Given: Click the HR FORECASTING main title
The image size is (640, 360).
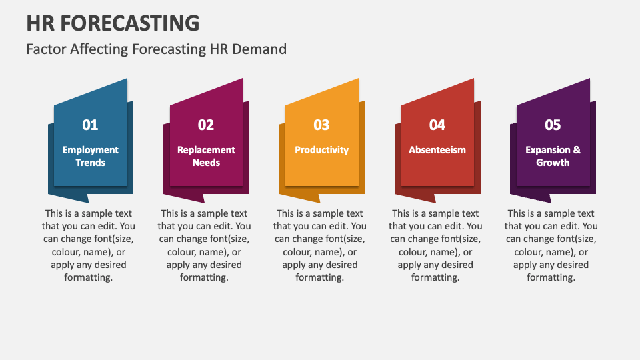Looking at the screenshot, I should point(113,23).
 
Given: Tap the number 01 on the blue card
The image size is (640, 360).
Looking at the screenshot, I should point(90,125).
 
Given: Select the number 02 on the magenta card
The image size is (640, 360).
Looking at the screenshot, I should point(206,125).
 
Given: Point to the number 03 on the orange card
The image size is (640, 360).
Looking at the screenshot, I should point(321,125).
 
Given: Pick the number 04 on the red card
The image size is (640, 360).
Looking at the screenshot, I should point(437,125).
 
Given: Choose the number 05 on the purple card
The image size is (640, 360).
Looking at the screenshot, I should point(553,125).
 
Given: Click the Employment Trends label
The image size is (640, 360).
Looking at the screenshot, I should point(91,156).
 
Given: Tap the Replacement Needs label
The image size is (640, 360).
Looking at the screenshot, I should point(206,156).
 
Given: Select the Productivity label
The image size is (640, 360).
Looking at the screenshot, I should point(321,150).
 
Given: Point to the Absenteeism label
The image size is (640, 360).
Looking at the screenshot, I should point(437,150).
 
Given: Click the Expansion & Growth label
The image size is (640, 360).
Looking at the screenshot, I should point(553,156).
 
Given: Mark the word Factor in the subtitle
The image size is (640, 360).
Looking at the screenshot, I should point(45,49).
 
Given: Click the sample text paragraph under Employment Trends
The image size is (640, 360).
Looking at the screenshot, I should point(89,245).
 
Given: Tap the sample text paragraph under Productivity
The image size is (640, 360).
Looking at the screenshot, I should point(320,245).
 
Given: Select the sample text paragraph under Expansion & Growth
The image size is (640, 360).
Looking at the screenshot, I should point(551,245).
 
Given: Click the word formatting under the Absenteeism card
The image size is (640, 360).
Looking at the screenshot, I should point(435,277).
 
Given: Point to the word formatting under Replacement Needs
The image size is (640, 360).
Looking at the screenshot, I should point(204,277).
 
